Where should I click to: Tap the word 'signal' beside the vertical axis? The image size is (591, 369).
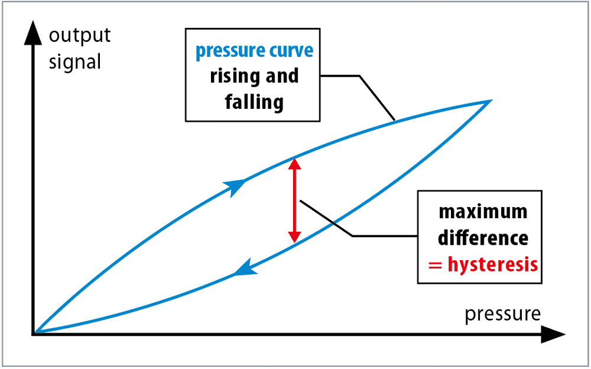[75, 61]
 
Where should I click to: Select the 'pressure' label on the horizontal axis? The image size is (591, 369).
[502, 314]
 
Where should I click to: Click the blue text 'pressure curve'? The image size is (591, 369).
[254, 51]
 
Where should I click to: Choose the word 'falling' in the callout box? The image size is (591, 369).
[254, 102]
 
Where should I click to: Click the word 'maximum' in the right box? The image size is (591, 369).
[483, 212]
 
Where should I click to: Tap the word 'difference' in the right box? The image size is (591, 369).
[483, 238]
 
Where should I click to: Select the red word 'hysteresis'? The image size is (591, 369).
[492, 264]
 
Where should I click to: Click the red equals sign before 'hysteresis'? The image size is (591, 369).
[435, 266]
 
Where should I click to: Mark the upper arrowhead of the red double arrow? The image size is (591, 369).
[294, 164]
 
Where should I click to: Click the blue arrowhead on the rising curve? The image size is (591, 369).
[235, 187]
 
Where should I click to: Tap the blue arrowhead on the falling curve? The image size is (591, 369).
[245, 267]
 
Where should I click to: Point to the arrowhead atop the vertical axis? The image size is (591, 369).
[33, 33]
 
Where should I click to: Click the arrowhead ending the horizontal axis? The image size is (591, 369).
[553, 334]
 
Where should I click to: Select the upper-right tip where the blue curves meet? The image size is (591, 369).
[491, 101]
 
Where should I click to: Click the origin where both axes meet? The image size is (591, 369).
[34, 334]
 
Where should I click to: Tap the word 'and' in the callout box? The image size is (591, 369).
[282, 76]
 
